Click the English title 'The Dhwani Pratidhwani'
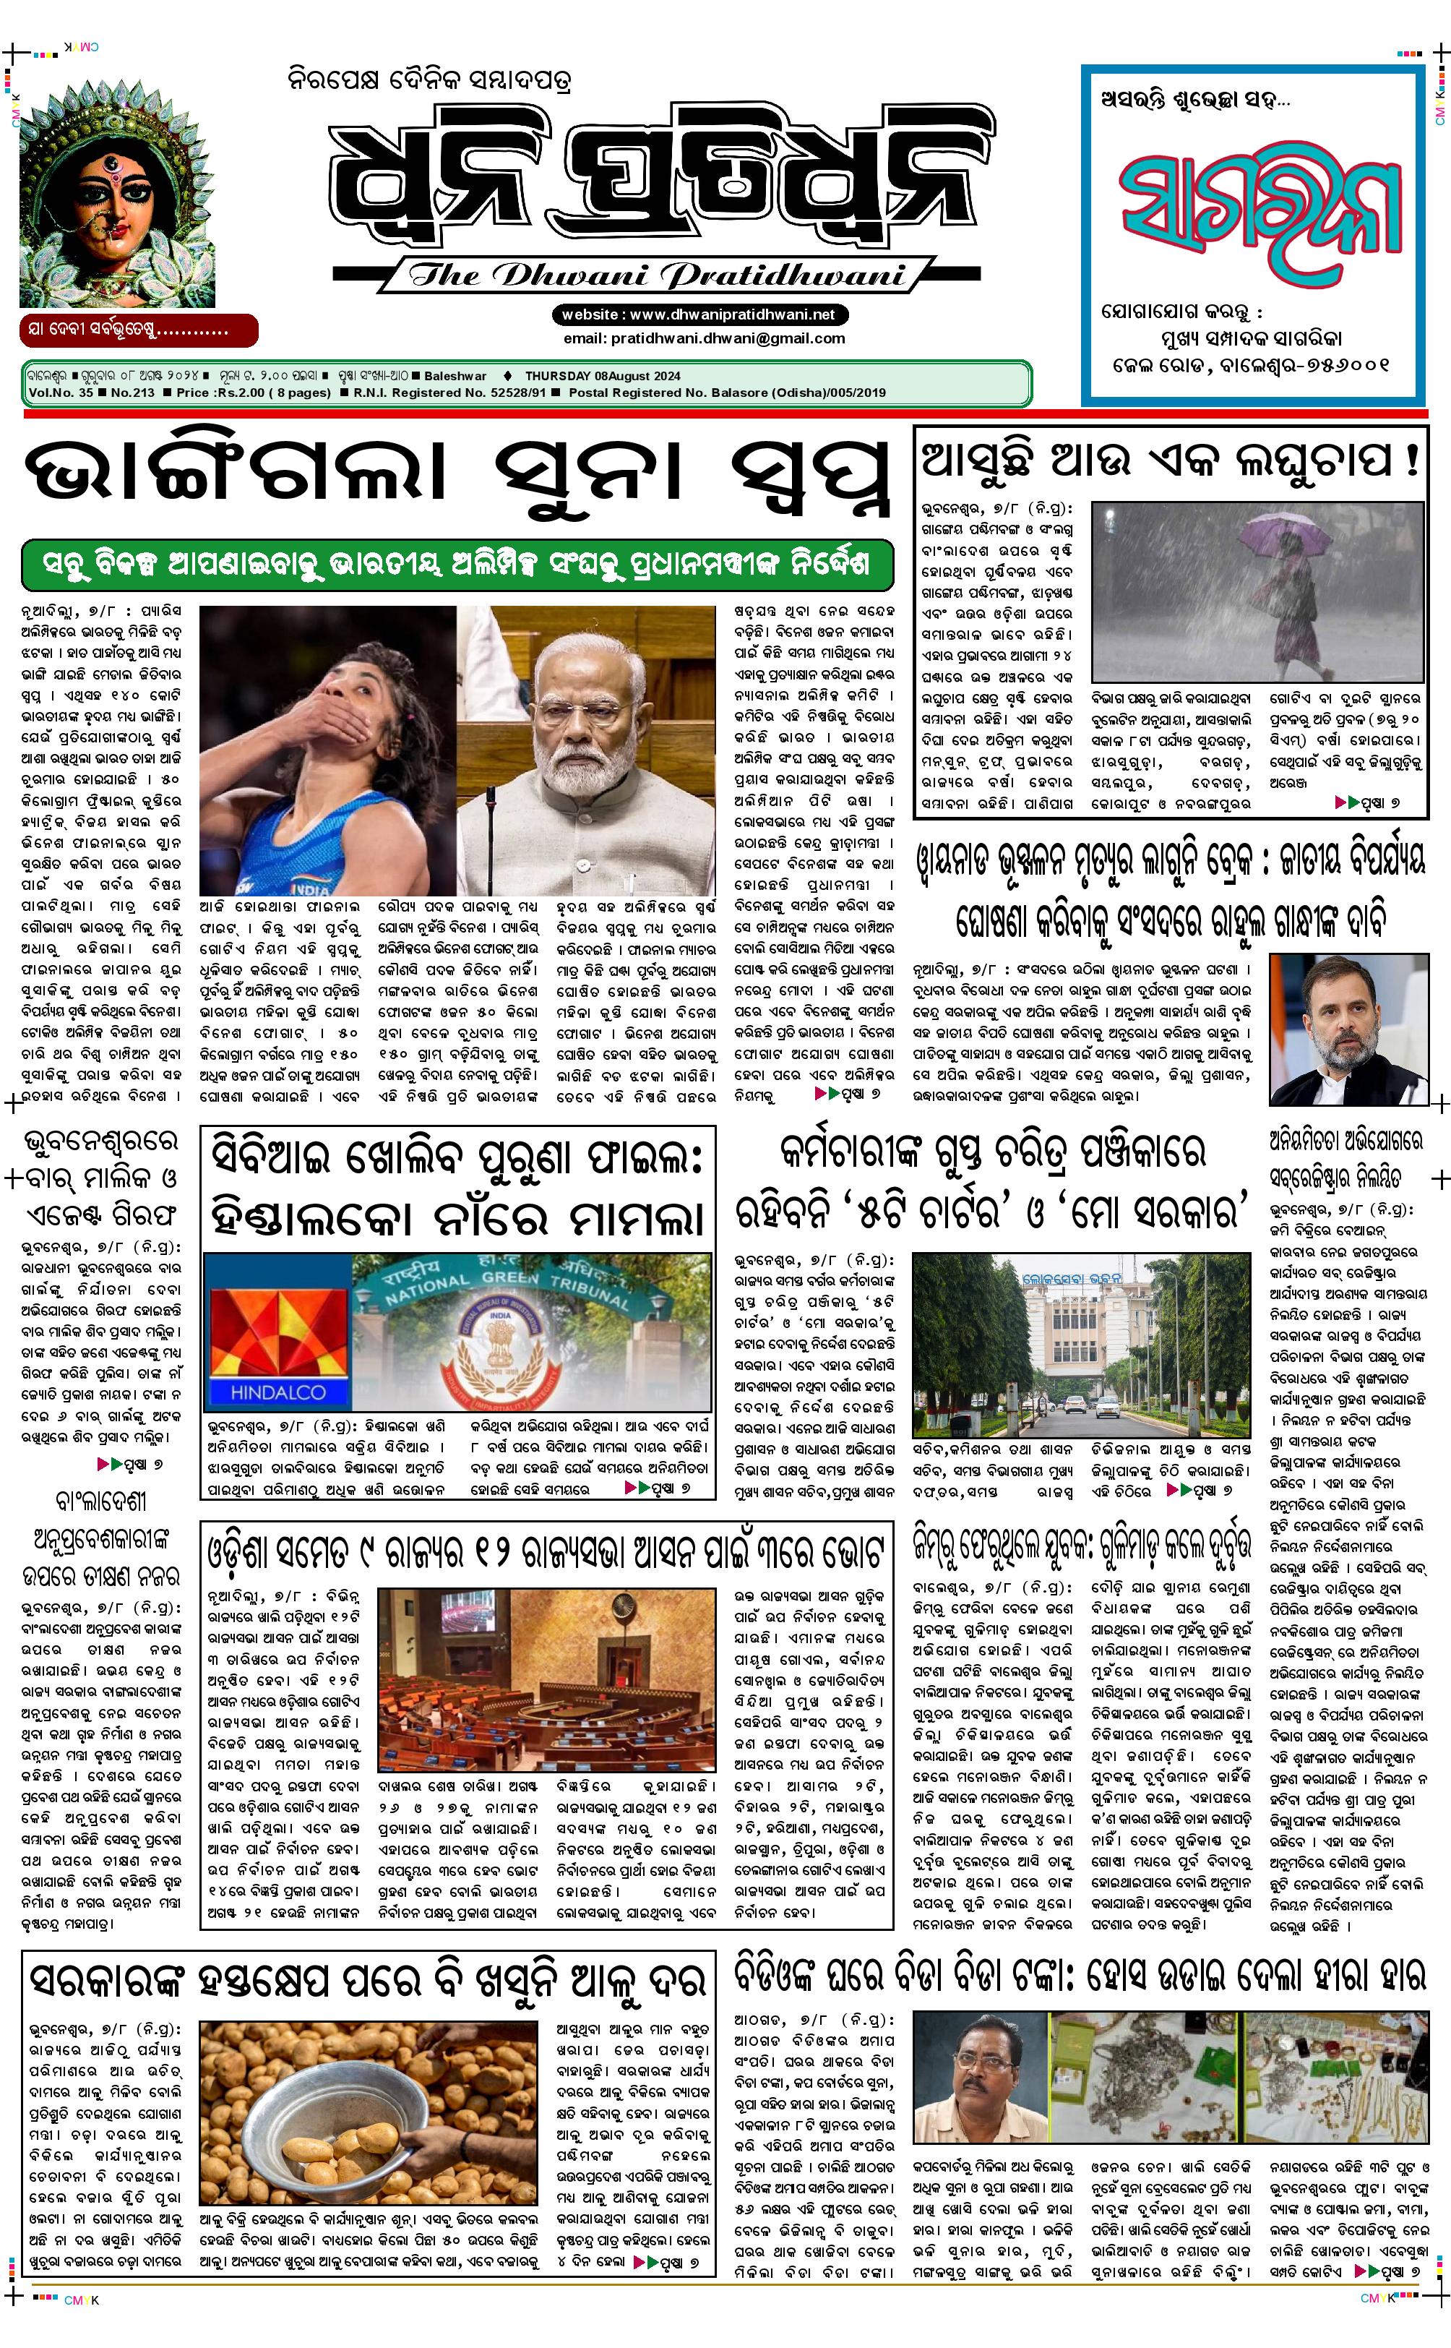point(658,275)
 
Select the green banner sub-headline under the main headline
point(457,563)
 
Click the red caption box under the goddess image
point(138,330)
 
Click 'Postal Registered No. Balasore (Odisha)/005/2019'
point(726,392)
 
